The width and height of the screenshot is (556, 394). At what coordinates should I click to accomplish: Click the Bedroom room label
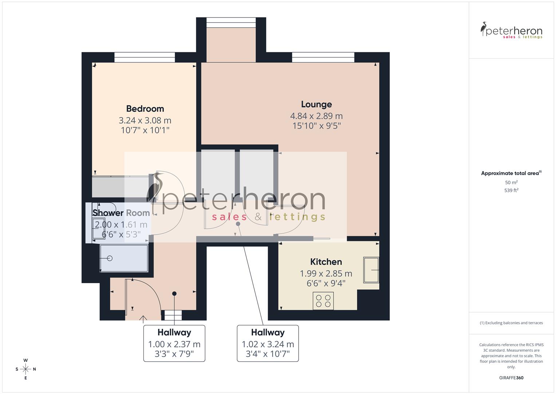[x=145, y=109]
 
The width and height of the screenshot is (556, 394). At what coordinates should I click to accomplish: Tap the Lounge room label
[x=316, y=104]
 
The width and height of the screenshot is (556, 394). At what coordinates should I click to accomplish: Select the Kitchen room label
[x=326, y=262]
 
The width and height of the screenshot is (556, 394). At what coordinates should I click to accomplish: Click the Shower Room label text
[x=121, y=213]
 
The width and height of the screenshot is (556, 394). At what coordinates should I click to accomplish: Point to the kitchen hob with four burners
[x=323, y=301]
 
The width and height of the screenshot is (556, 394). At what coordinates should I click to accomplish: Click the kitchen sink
[x=371, y=270]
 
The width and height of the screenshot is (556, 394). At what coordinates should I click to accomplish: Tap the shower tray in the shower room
[x=124, y=258]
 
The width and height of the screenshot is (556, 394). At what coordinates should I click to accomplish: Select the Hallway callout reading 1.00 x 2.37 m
[x=174, y=343]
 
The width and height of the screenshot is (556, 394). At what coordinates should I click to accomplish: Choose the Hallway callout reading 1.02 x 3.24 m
[x=268, y=343]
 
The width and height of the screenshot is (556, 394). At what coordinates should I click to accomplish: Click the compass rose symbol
[x=25, y=369]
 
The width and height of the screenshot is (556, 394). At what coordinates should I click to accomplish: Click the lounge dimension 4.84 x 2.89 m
[x=316, y=116]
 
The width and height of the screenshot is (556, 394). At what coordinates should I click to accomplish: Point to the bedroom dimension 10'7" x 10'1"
[x=145, y=130]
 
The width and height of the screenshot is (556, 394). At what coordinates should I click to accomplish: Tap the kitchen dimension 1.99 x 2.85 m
[x=326, y=273]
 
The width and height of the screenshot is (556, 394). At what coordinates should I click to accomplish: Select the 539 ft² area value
[x=511, y=190]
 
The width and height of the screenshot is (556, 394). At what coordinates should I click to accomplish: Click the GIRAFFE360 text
[x=511, y=378]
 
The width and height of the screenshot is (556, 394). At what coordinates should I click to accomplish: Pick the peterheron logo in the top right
[x=511, y=31]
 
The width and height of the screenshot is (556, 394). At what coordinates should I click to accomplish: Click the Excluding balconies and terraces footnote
[x=511, y=323]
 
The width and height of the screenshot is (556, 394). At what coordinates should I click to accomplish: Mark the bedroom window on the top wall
[x=145, y=58]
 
